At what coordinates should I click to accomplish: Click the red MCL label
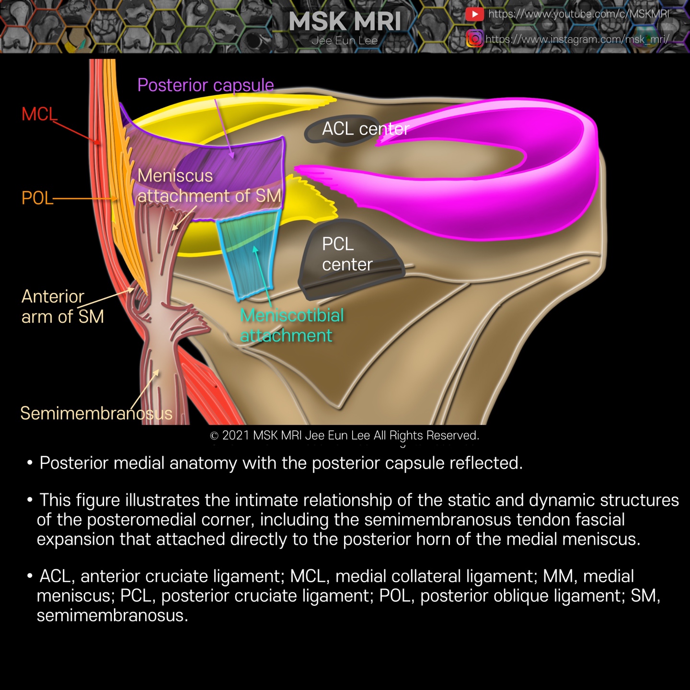pyautogui.click(x=39, y=115)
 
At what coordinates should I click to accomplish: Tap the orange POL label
pyautogui.click(x=37, y=198)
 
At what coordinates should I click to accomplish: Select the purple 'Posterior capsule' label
pyautogui.click(x=206, y=85)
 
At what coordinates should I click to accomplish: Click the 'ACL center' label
pyautogui.click(x=365, y=129)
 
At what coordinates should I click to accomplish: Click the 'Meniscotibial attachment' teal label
pyautogui.click(x=292, y=325)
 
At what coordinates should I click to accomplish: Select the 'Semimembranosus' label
pyautogui.click(x=96, y=413)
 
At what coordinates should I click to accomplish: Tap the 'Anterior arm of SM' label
pyautogui.click(x=62, y=307)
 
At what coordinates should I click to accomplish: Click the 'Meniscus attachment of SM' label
pyautogui.click(x=209, y=186)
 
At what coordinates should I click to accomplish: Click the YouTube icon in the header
pyautogui.click(x=474, y=14)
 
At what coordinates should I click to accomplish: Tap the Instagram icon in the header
pyautogui.click(x=474, y=38)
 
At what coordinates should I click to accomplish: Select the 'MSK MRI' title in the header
pyautogui.click(x=345, y=22)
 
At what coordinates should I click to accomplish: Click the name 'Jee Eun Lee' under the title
pyautogui.click(x=345, y=41)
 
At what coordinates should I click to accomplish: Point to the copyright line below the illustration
pyautogui.click(x=345, y=435)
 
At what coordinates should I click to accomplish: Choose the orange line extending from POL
pyautogui.click(x=84, y=198)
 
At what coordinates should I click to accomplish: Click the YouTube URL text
pyautogui.click(x=578, y=14)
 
